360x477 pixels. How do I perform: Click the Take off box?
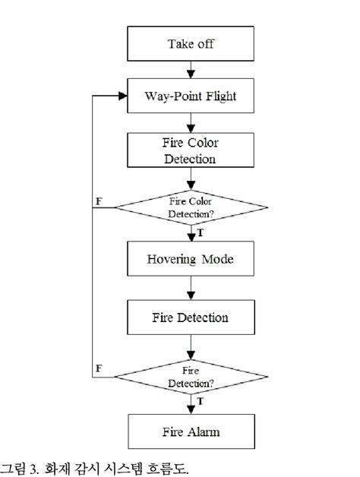coord(191,43)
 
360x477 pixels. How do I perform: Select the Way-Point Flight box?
coord(191,96)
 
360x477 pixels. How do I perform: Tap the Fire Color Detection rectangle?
coord(191,150)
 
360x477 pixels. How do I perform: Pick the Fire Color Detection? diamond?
coord(191,208)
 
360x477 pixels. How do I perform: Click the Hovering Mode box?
coord(191,258)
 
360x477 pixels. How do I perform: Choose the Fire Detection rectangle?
coord(191,317)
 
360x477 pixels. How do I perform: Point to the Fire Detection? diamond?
coord(191,377)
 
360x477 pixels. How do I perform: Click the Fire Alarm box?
coord(191,431)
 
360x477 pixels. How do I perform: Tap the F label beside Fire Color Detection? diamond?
coord(99,201)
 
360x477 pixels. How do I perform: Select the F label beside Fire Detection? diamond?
coord(99,368)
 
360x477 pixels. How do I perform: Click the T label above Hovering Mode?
coord(201,232)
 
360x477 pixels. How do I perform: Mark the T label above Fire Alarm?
coord(201,401)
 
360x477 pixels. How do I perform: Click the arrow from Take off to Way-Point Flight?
coord(191,70)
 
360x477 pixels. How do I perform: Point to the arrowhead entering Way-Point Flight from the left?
coord(123,96)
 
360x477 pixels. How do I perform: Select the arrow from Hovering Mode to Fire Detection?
coord(191,288)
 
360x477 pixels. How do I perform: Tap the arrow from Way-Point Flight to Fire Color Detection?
coord(191,123)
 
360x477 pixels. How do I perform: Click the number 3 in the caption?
coord(33,469)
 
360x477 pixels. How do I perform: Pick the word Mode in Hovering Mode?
coord(217,259)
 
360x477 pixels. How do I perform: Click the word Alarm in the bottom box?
coord(204,432)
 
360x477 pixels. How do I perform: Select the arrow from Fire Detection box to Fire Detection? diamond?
coord(191,347)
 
